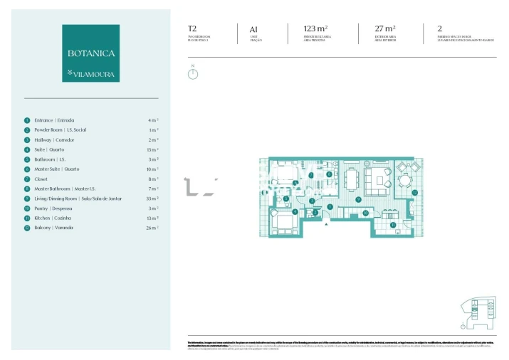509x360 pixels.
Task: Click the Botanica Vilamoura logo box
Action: click(x=90, y=53)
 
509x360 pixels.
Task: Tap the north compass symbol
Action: click(x=192, y=73)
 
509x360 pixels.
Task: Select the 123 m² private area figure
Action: click(x=315, y=29)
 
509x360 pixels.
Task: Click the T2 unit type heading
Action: click(x=191, y=29)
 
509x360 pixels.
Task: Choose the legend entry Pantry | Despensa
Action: click(x=54, y=208)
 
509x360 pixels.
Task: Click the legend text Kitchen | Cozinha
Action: click(x=54, y=218)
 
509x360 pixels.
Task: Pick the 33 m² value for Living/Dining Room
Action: click(x=152, y=198)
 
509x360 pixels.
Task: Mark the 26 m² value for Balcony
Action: click(x=152, y=228)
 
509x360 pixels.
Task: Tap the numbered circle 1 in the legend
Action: click(x=27, y=120)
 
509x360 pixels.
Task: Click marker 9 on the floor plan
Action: click(x=358, y=199)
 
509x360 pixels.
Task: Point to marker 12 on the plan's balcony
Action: click(x=414, y=191)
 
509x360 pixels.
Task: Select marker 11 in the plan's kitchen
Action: click(x=392, y=225)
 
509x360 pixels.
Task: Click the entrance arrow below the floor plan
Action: click(x=327, y=225)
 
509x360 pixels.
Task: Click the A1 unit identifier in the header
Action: click(x=253, y=29)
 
